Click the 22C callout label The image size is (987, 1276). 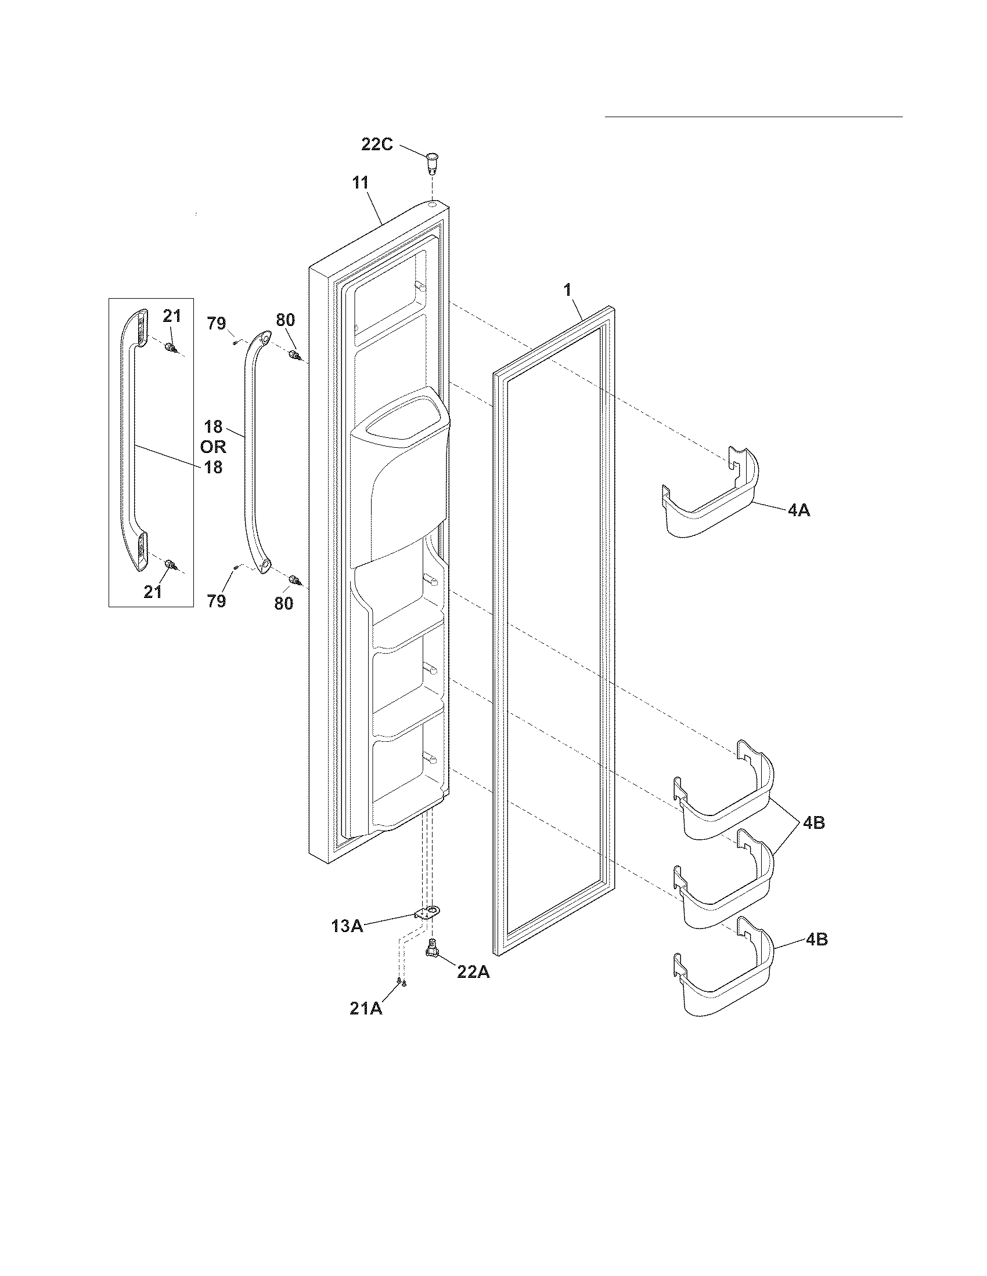coord(377,144)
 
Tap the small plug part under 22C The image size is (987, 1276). coord(432,161)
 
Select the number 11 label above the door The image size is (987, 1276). coord(360,183)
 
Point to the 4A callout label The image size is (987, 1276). coord(798,509)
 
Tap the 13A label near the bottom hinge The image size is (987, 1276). coord(347,926)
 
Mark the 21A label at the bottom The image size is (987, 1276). coord(365,1009)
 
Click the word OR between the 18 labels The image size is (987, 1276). coord(213,447)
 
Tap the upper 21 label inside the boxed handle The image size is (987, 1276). coord(172,316)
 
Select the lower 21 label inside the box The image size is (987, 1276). coord(153,592)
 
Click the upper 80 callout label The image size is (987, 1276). coord(285,320)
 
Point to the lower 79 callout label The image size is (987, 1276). coord(217,601)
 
